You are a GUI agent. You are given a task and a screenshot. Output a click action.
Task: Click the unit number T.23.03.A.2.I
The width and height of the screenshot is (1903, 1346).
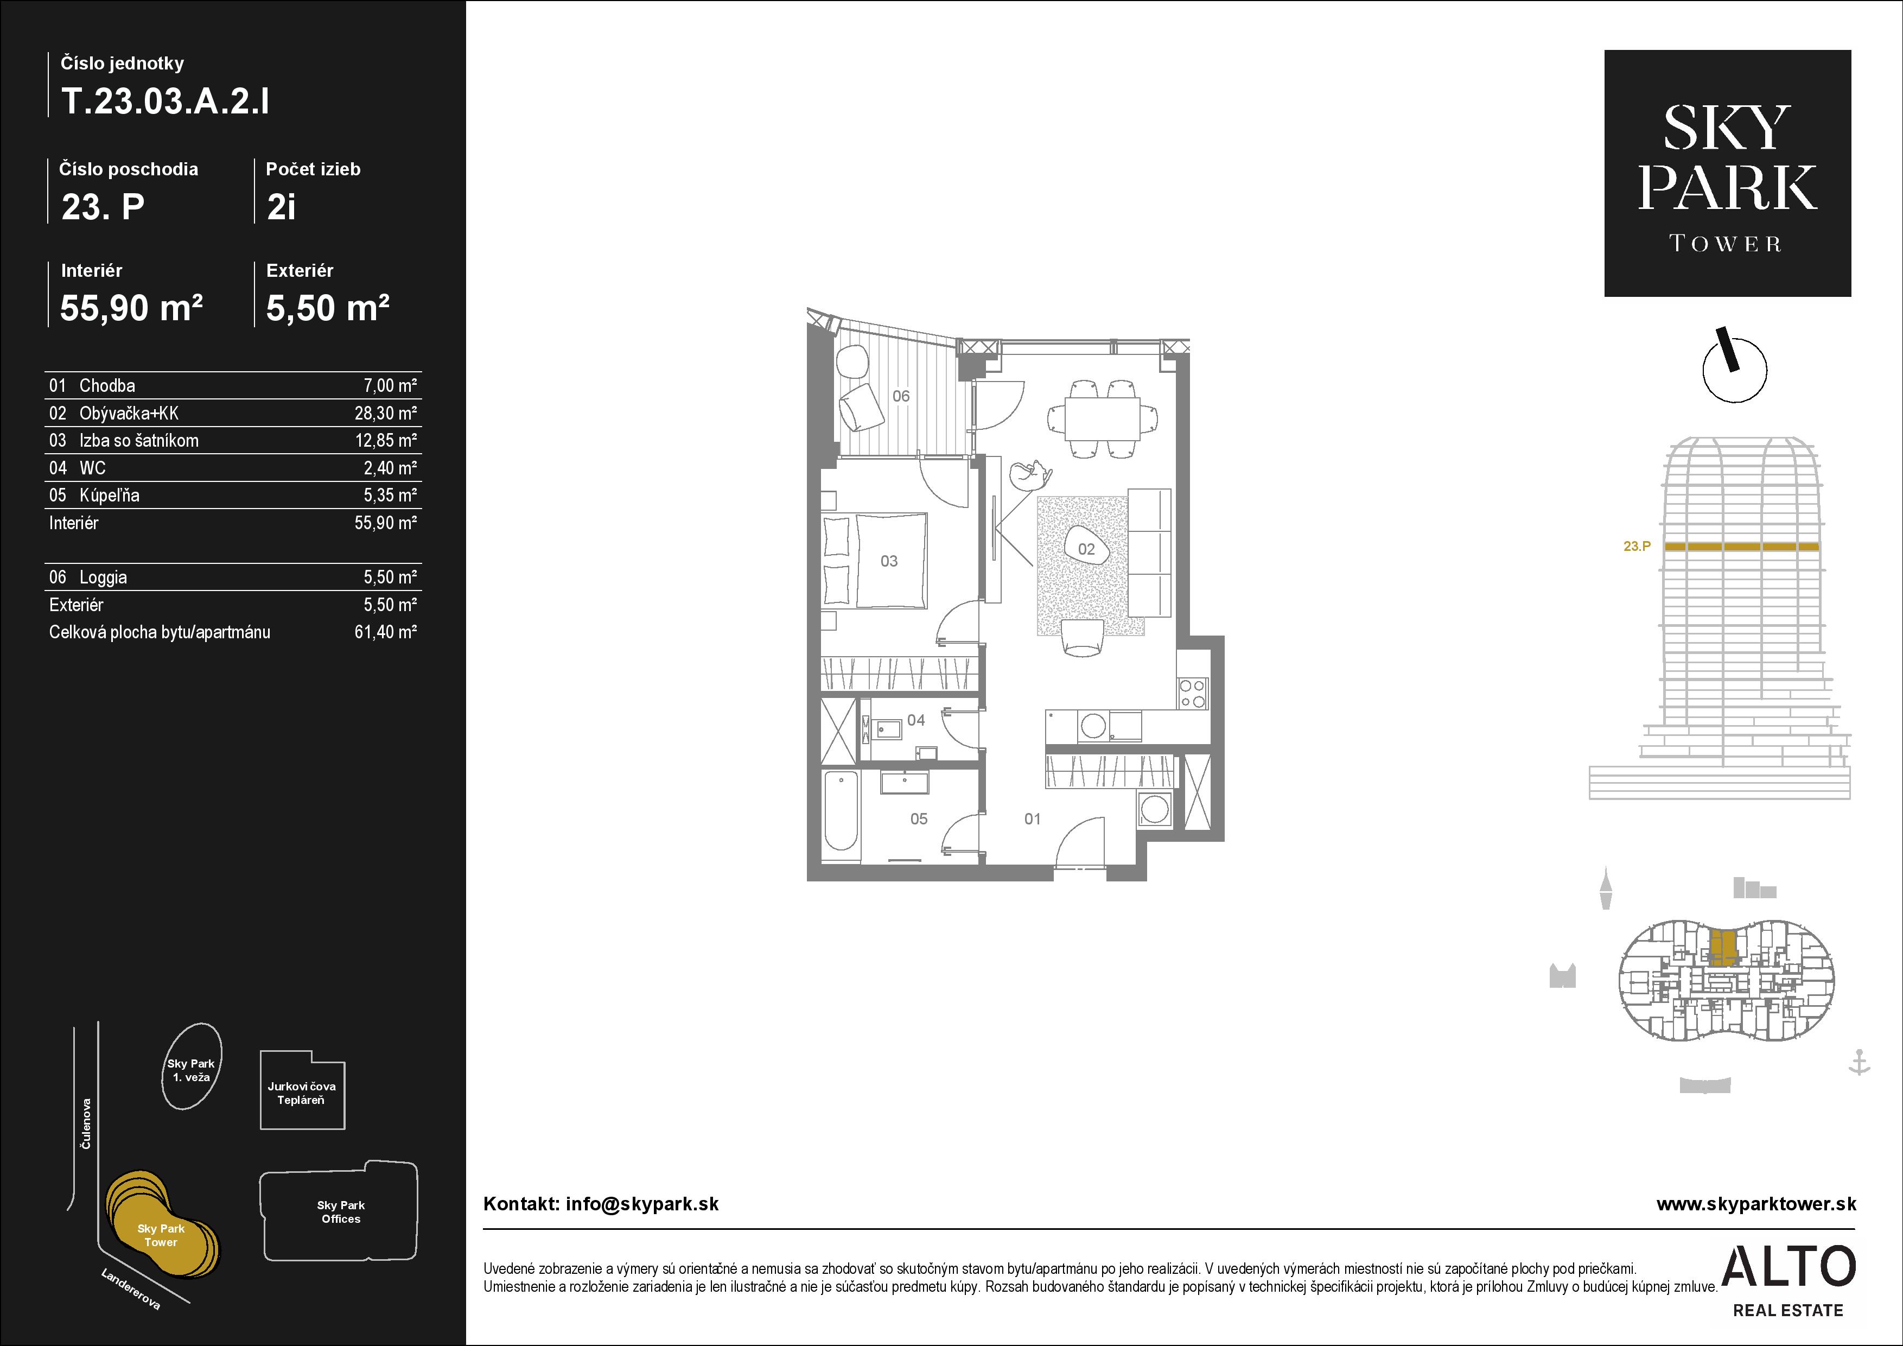point(166,102)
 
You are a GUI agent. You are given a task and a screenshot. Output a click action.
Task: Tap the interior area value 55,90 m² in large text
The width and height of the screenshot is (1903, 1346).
point(131,308)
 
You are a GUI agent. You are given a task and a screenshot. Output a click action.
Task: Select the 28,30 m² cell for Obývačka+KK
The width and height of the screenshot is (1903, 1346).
point(385,412)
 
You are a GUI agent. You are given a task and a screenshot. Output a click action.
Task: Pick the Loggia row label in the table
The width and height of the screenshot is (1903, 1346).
point(103,577)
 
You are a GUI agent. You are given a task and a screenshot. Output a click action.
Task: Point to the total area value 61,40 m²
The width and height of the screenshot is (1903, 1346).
point(385,632)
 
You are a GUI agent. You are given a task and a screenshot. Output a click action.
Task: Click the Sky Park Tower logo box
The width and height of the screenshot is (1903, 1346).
point(1727,173)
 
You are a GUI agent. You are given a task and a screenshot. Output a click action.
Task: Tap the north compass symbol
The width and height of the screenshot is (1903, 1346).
point(1734,366)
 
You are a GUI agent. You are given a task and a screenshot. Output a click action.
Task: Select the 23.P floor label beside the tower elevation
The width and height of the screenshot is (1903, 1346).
point(1637,546)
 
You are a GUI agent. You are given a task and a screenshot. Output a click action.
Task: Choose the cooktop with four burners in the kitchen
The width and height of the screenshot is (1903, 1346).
point(1193,693)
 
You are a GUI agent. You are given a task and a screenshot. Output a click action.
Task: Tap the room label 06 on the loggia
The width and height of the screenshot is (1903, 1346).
point(901,396)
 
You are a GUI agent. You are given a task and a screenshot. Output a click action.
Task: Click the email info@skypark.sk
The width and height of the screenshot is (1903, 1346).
point(641,1204)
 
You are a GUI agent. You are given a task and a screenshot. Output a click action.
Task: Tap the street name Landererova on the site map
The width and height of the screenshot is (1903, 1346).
point(131,1289)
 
